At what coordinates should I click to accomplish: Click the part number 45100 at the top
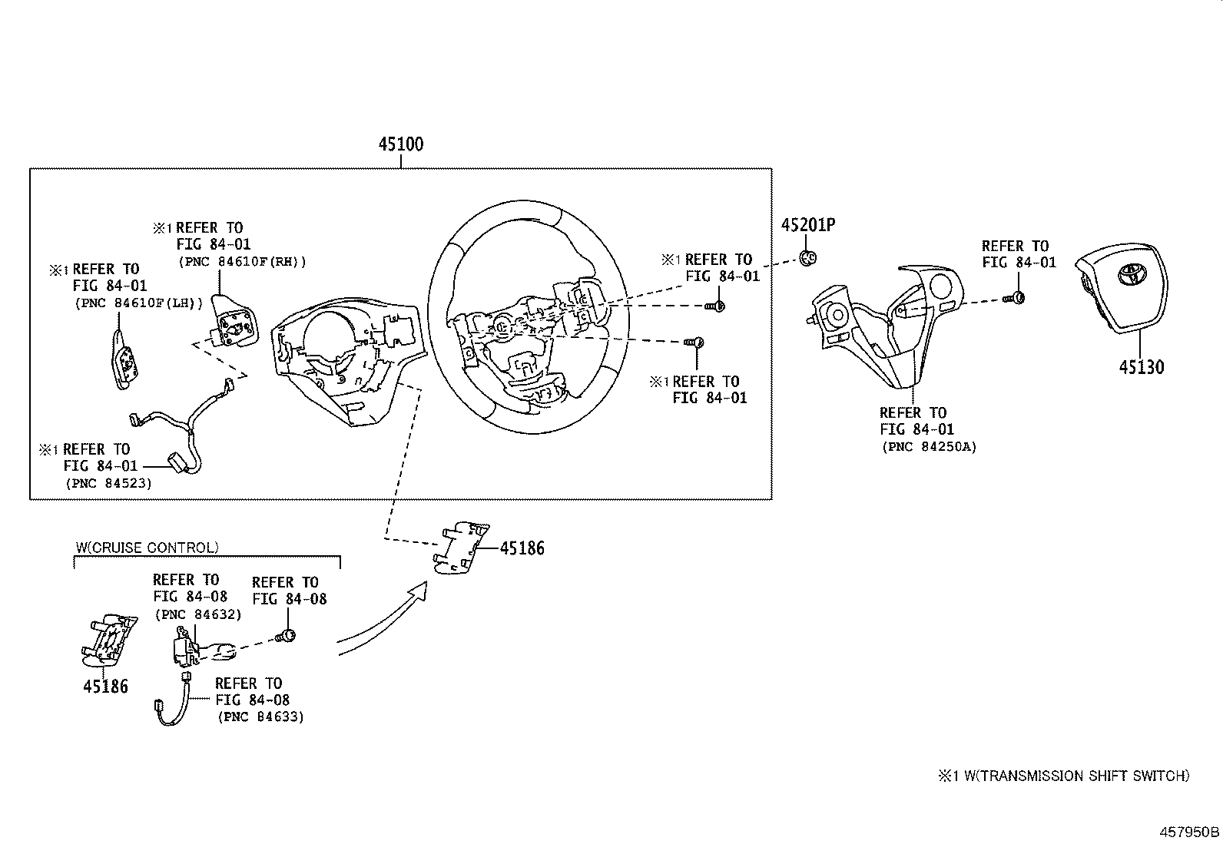point(400,144)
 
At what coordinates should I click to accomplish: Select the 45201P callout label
point(807,225)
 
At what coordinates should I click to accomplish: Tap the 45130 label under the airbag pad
point(1141,366)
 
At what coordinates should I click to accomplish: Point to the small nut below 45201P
point(807,257)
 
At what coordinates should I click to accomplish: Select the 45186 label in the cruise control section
point(105,687)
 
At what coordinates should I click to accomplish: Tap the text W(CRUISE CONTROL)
point(147,548)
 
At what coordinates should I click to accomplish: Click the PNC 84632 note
point(198,614)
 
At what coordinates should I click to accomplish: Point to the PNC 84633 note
point(260,717)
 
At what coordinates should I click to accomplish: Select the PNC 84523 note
point(108,483)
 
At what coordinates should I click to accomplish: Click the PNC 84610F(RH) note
point(242,262)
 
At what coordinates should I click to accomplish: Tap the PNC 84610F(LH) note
point(138,303)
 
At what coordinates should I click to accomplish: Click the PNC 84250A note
point(929,446)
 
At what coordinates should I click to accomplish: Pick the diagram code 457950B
point(1189,832)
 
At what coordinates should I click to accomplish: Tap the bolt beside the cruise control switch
point(287,635)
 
